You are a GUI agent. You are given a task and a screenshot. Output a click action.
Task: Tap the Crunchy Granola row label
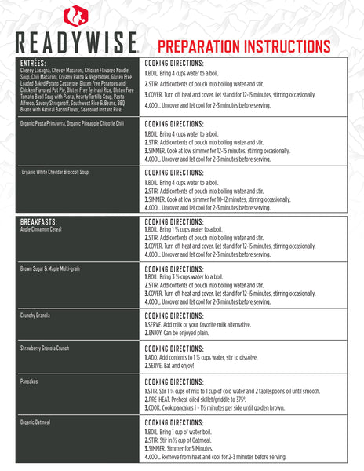35,315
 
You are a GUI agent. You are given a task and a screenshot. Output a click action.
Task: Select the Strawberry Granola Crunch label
48,348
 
